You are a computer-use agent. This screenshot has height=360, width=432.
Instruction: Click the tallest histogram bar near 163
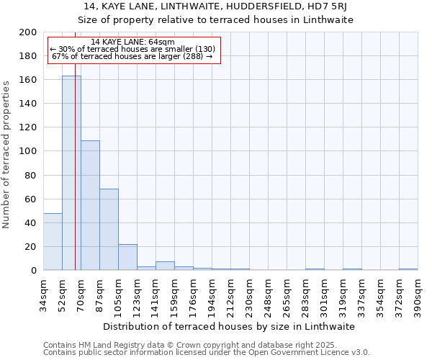click(x=71, y=173)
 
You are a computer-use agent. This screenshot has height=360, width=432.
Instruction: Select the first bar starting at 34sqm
click(x=53, y=242)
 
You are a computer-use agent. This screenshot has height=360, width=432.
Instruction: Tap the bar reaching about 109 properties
click(x=90, y=205)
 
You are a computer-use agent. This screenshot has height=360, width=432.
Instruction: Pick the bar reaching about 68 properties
click(x=109, y=230)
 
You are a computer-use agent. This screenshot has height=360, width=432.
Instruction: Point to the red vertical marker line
click(x=75, y=180)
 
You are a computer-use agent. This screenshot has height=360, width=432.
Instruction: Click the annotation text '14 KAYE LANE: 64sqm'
click(x=133, y=42)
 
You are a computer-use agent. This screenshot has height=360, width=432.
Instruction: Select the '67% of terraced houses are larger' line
click(x=132, y=56)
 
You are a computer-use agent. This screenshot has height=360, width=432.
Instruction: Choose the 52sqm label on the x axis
click(x=62, y=294)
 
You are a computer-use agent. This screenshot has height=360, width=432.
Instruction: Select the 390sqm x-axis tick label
click(x=418, y=294)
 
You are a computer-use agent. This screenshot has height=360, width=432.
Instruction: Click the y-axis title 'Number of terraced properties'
click(x=6, y=154)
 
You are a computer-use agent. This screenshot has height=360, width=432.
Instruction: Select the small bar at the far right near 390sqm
click(x=408, y=269)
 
